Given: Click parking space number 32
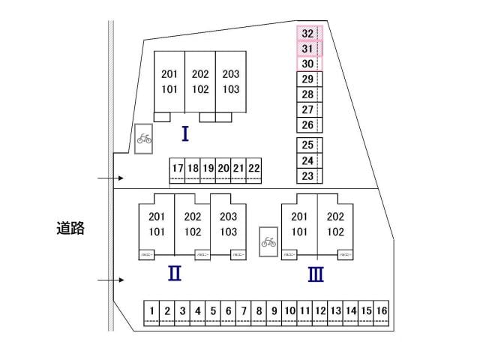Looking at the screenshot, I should (307, 34).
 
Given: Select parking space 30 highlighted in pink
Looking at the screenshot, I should (307, 64).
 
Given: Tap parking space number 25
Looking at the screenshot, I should (307, 145).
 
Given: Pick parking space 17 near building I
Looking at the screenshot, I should (177, 169).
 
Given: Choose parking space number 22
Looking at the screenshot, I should (254, 169).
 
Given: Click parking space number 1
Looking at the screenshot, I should (151, 310).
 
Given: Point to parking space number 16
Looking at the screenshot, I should (382, 310).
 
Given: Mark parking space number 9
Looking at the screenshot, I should (274, 310).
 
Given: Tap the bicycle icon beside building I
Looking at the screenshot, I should (144, 139).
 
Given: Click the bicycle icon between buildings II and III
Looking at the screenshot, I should (268, 241).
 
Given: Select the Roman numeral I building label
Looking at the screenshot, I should (184, 134).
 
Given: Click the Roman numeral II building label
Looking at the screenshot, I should (175, 274).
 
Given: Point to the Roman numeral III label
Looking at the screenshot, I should (316, 274).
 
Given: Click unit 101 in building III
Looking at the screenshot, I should (300, 232).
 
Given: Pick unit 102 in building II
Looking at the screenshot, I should (193, 232).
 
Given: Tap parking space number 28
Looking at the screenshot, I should (307, 94).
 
